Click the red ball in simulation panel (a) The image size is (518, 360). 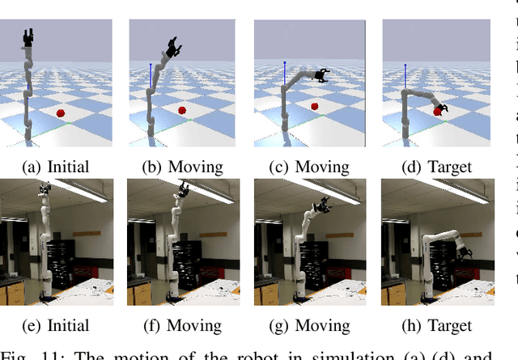(60, 113)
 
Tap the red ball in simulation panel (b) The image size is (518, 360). (182, 109)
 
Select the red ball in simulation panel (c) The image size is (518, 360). (314, 105)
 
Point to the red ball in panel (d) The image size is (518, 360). (437, 112)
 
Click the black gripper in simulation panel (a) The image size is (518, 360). (30, 37)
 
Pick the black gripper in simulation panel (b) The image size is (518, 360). (172, 48)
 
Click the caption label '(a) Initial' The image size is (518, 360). (56, 167)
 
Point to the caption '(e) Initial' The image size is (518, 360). (56, 326)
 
